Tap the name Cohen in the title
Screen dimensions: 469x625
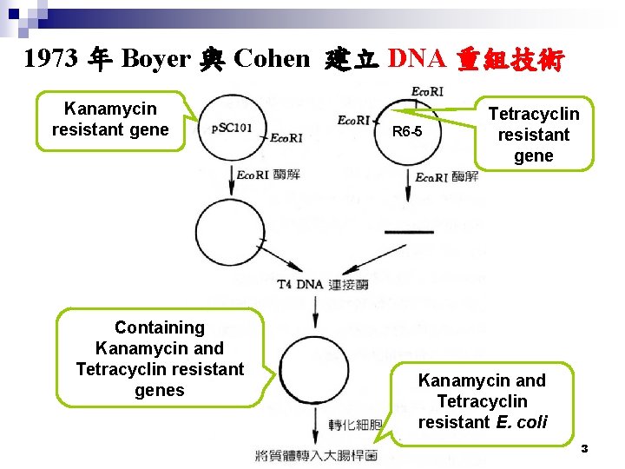(x=272, y=59)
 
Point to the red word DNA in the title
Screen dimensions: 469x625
(x=417, y=59)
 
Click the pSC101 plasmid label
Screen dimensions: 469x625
(x=232, y=128)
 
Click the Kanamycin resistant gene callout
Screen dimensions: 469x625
(x=110, y=120)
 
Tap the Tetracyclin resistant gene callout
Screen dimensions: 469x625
(x=533, y=135)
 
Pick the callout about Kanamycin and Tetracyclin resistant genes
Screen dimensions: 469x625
(x=160, y=358)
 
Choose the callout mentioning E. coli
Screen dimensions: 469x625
(x=483, y=401)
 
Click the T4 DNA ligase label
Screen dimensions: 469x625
(x=323, y=284)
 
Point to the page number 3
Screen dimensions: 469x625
(x=584, y=448)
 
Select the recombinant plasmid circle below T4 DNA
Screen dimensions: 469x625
(x=313, y=370)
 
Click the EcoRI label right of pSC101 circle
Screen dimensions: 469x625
(x=286, y=138)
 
